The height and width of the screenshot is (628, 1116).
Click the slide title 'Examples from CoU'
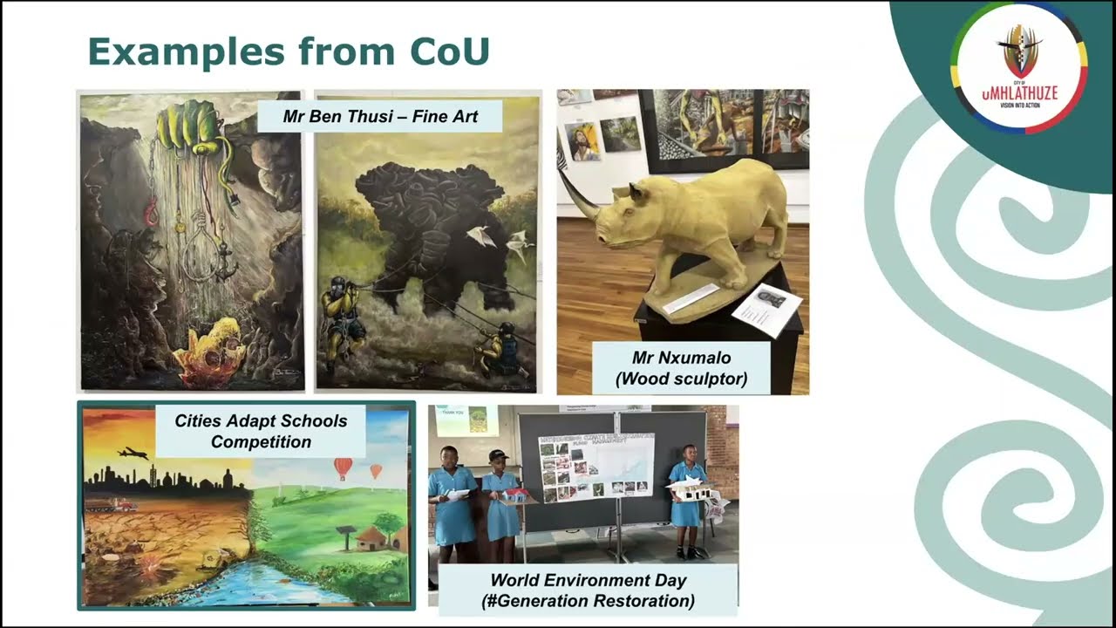pos(289,52)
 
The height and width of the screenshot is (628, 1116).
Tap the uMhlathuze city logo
pos(1018,67)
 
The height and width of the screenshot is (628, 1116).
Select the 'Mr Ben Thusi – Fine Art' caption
pos(380,116)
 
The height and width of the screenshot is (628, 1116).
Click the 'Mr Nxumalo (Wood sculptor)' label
pos(680,368)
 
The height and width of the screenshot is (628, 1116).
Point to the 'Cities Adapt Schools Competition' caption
pos(261,431)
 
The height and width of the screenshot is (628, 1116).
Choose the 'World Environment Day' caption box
pos(588,590)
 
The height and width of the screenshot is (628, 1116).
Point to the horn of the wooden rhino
pos(576,194)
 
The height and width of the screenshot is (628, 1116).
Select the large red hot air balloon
pos(343,468)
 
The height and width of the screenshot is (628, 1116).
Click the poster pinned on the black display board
pos(595,468)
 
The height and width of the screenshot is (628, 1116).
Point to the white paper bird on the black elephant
pos(481,236)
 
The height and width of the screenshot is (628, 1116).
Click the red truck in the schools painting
pos(120,504)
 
